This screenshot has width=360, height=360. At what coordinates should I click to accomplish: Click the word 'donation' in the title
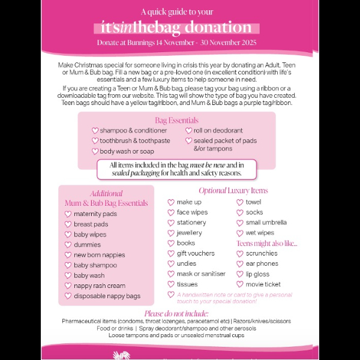(x=218, y=28)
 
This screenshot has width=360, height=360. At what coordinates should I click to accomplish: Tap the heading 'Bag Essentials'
(x=176, y=121)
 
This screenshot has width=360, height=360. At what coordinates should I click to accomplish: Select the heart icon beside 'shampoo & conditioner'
(x=95, y=130)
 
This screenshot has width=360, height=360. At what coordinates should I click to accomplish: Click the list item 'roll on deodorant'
(x=218, y=130)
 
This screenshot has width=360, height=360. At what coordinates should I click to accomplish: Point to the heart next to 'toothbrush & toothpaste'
(x=95, y=141)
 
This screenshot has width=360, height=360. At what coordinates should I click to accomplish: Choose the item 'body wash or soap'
(x=127, y=151)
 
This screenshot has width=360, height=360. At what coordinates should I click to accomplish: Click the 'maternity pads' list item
(x=95, y=214)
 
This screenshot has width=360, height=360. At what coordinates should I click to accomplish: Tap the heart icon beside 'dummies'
(x=68, y=245)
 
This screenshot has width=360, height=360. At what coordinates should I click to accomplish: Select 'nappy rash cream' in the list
(x=99, y=286)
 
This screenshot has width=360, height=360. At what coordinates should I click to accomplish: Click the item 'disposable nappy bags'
(x=107, y=296)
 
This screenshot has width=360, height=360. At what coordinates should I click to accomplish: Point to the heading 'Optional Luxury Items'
(x=233, y=191)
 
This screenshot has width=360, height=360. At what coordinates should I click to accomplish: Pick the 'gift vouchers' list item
(x=195, y=253)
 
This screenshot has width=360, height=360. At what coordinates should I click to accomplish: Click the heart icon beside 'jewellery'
(x=171, y=233)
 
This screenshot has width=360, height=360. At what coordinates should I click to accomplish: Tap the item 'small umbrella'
(x=266, y=223)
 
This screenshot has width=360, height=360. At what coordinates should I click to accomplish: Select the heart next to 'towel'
(x=240, y=202)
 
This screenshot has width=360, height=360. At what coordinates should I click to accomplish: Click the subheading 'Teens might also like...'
(x=267, y=243)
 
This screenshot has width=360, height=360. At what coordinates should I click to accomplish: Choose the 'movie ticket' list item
(x=263, y=284)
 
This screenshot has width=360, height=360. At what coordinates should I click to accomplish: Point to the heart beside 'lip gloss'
(x=240, y=274)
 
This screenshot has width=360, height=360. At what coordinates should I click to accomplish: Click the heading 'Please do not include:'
(x=176, y=313)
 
